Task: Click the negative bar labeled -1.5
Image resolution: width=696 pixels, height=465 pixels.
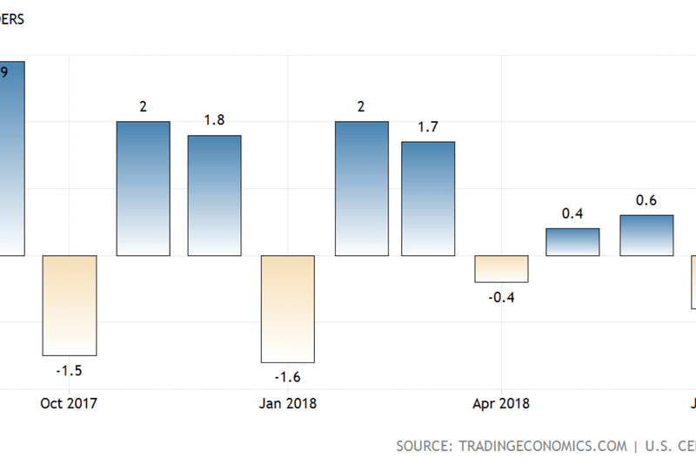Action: click(70, 305)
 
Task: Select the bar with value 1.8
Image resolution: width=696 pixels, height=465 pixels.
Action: click(214, 195)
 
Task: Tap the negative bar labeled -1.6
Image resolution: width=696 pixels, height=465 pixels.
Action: click(288, 308)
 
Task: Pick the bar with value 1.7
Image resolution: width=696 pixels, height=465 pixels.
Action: click(428, 199)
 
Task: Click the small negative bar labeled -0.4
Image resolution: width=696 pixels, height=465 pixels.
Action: click(501, 268)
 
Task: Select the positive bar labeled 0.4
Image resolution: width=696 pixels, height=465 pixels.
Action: click(573, 242)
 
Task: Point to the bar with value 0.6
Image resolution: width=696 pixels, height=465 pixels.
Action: click(646, 235)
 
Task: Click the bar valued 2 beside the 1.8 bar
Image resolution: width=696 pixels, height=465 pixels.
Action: click(143, 188)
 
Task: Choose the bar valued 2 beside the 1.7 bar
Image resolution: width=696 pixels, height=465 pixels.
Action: click(362, 188)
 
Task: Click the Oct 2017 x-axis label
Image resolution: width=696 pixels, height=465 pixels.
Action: click(69, 403)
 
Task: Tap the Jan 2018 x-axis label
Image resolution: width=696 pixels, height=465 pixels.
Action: click(288, 403)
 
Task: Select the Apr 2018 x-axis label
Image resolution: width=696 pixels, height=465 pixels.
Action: click(501, 403)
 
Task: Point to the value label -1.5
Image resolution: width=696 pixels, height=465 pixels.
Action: click(69, 371)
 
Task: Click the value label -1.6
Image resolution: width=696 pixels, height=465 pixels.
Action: click(288, 377)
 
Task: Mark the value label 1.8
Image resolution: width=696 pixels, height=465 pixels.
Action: click(214, 120)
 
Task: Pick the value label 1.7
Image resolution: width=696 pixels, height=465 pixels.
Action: click(428, 127)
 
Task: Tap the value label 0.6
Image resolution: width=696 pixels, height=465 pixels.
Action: click(646, 200)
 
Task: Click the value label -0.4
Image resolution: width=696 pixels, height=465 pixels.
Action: click(501, 298)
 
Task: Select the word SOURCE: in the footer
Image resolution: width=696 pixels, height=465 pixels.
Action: click(423, 446)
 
